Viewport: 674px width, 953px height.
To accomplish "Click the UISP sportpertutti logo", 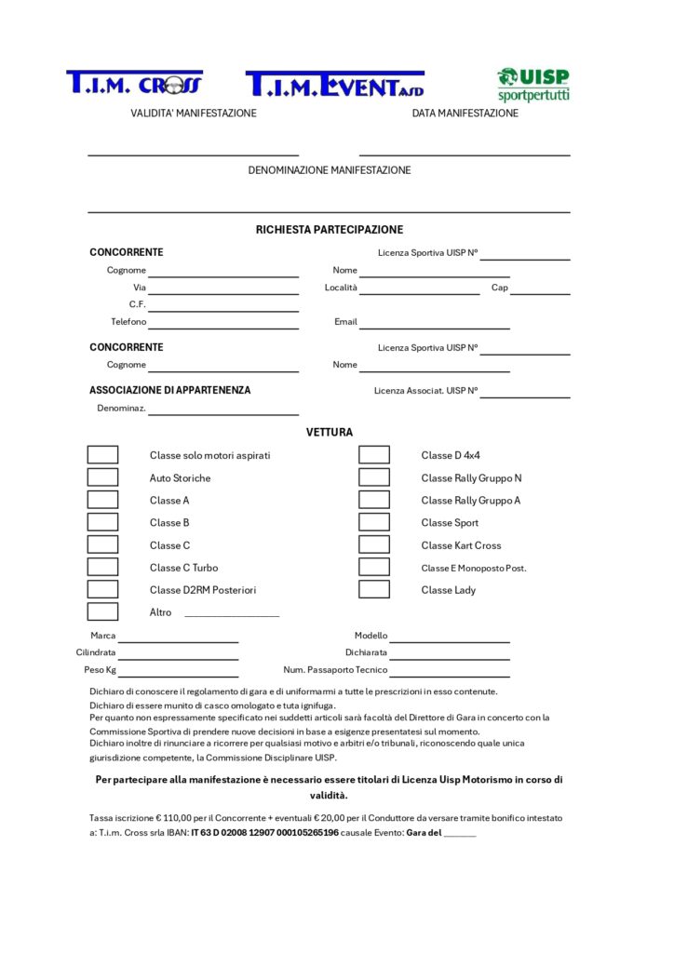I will (x=533, y=84).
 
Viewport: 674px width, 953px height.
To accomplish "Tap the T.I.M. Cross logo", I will (x=134, y=84).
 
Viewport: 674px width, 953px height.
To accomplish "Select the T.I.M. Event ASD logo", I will (x=334, y=85).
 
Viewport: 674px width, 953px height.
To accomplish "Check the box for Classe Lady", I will (x=374, y=589).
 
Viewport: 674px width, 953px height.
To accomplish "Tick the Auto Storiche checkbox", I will (x=102, y=477).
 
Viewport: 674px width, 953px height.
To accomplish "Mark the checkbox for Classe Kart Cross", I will (x=374, y=544).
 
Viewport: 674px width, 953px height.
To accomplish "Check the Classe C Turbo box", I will (x=102, y=567).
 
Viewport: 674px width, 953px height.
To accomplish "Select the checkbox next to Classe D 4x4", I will (x=374, y=455).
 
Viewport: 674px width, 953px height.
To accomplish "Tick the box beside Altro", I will (x=102, y=611).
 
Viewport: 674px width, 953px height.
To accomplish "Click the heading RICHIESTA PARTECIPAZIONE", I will (x=330, y=230).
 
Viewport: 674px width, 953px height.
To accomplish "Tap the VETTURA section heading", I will (x=330, y=433).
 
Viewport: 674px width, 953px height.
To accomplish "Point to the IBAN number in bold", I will (x=264, y=833).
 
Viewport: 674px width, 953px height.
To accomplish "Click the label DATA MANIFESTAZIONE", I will (x=465, y=114).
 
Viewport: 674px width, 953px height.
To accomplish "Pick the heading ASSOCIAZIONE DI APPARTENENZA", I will (x=169, y=391).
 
